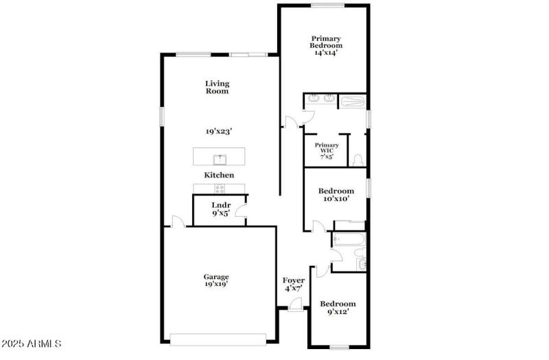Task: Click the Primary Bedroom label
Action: (327, 45)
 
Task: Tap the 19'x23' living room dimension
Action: (217, 131)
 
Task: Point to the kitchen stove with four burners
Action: (220, 189)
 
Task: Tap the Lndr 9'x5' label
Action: (220, 209)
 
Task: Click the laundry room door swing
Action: (242, 213)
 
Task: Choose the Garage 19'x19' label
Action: (215, 280)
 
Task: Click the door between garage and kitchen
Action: (178, 221)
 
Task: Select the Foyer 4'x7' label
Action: (294, 285)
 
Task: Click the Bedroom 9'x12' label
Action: (338, 308)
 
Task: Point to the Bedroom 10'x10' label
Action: (336, 195)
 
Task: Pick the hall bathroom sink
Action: (362, 264)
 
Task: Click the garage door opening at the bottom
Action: (218, 338)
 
